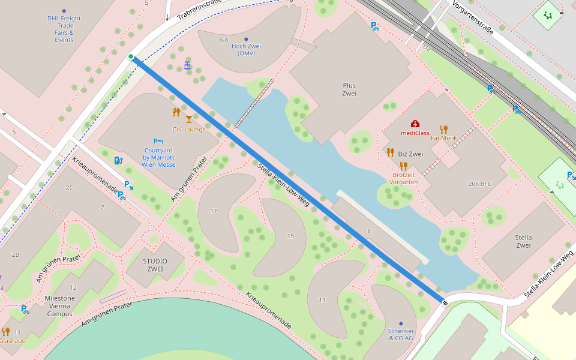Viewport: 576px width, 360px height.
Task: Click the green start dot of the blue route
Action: point(131,56)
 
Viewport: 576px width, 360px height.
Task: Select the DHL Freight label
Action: point(64,29)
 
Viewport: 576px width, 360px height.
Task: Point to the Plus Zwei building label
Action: point(349,89)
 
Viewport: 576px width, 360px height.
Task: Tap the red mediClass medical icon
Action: point(415,124)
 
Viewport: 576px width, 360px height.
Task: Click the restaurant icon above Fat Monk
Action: point(443,129)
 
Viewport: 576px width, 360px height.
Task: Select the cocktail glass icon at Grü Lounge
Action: point(189,119)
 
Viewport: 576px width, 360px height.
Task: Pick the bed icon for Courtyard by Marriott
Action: point(158,140)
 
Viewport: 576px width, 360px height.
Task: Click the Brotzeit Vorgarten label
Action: point(403,178)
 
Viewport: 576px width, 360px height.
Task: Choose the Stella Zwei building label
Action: point(523,241)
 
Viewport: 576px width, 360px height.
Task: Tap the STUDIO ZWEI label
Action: point(155,265)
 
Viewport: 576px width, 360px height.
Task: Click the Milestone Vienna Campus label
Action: point(60,306)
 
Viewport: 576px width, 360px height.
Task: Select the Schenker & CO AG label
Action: point(401,334)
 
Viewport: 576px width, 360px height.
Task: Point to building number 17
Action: point(214,211)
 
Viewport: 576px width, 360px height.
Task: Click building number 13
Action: point(322,300)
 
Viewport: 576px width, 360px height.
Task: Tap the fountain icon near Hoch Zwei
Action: point(187,65)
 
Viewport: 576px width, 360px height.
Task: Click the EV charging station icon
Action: point(118,160)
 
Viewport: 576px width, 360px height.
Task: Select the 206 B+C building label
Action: point(479,184)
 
